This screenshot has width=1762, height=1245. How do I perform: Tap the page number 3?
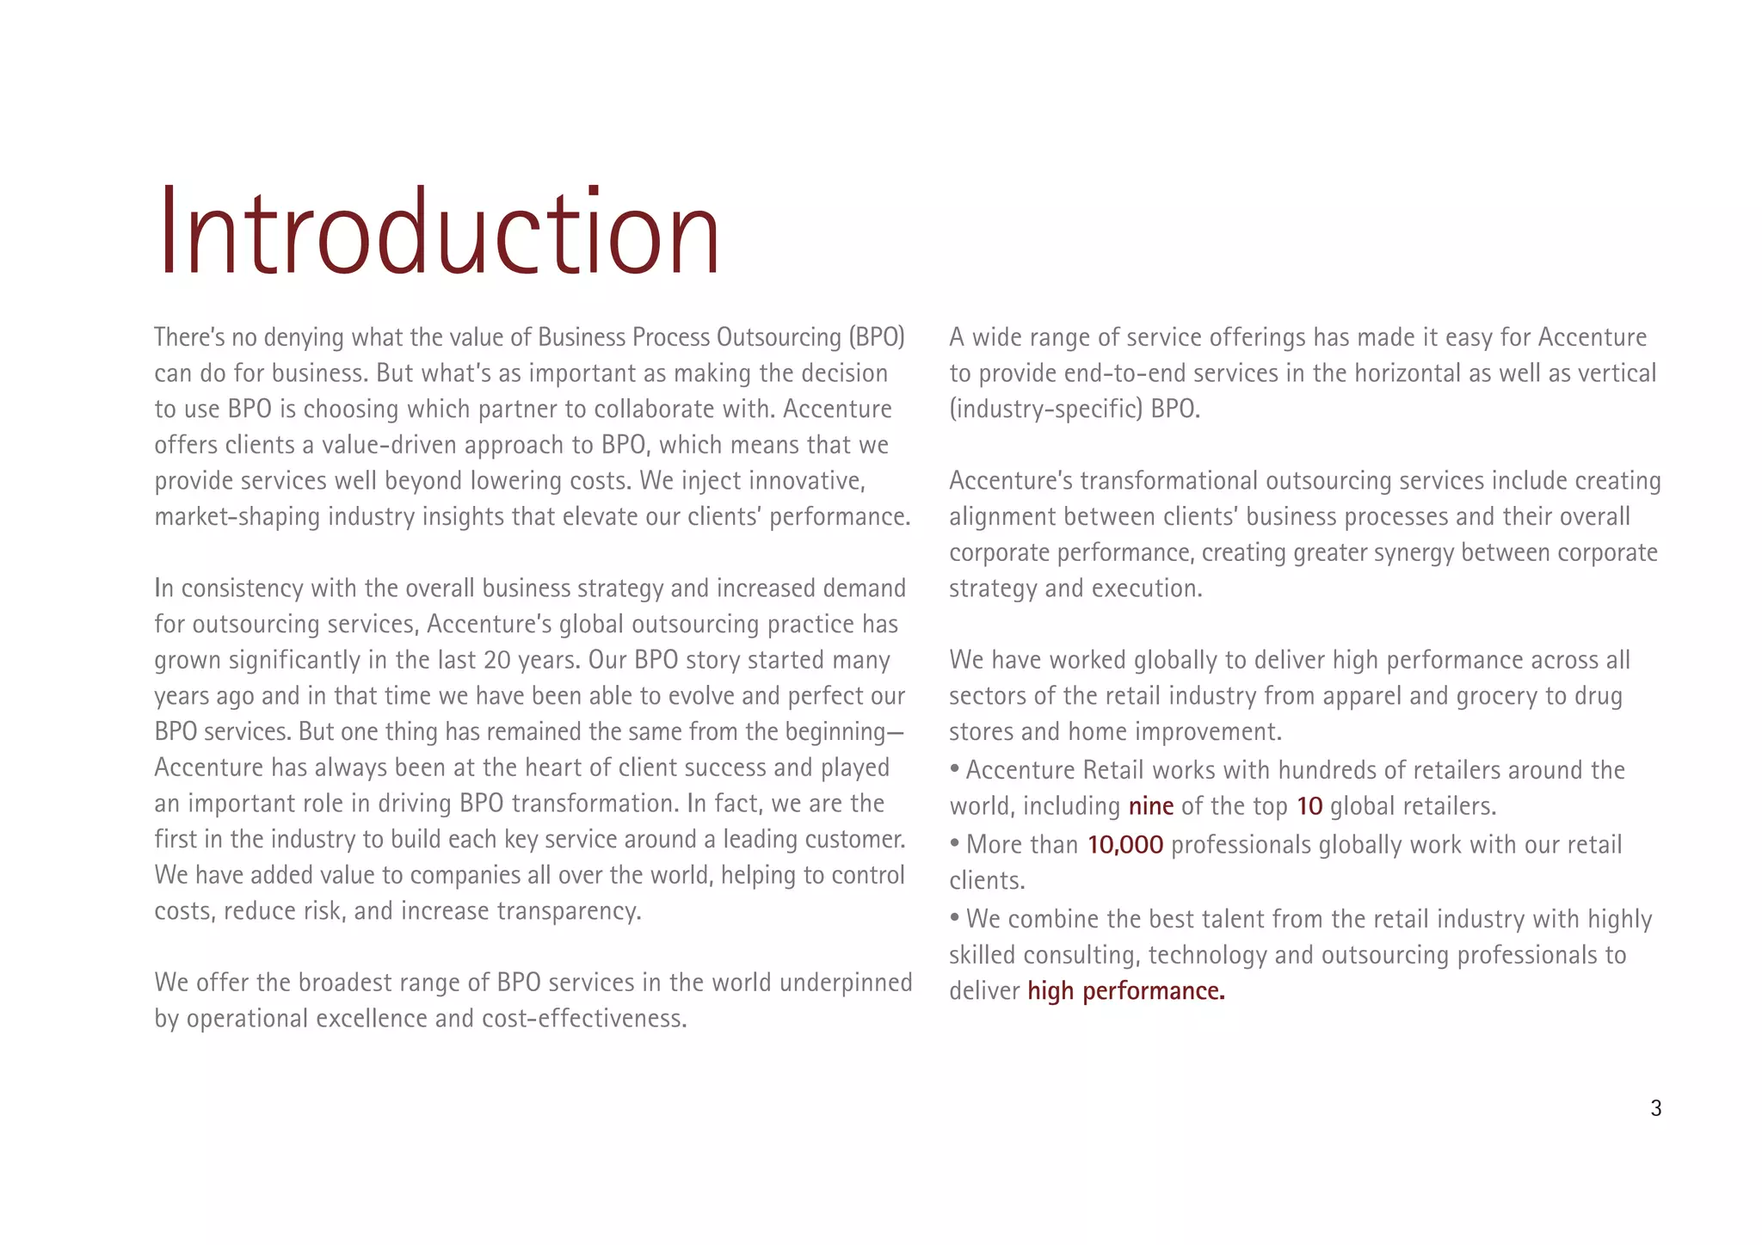click(1655, 1108)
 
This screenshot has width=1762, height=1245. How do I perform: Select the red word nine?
click(1150, 806)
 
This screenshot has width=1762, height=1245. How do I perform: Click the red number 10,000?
click(1124, 845)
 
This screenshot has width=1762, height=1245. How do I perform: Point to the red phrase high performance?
click(1125, 991)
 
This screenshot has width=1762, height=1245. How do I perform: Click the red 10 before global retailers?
click(1309, 806)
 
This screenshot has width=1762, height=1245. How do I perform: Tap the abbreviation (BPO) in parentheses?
click(876, 337)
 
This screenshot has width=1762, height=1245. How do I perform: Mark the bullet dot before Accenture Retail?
click(955, 768)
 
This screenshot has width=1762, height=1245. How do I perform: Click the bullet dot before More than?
click(955, 842)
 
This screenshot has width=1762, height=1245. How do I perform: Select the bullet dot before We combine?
click(955, 917)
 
